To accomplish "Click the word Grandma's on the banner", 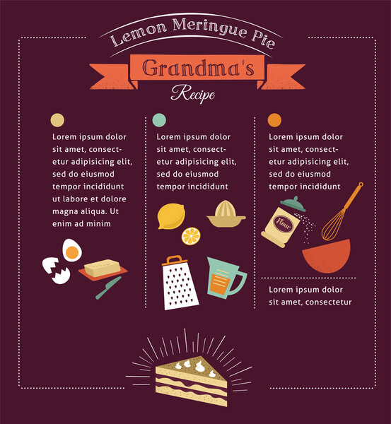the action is point(198,68).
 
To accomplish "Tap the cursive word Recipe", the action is point(193,93).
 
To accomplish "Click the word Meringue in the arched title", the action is point(209,27).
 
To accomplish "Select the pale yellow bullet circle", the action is point(57,120).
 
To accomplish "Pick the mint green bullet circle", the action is point(159,120).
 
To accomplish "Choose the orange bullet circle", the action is point(274,120).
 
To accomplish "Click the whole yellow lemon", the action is point(171,216).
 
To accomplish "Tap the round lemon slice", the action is point(191,236).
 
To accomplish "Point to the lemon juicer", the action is point(226,213).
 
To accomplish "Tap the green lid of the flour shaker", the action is point(293,204).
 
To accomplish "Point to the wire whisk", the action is point(342,212).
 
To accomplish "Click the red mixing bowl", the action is point(327,256).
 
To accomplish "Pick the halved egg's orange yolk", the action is point(72,252).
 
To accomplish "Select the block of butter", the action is point(103,268).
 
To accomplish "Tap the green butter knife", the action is point(108,288).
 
